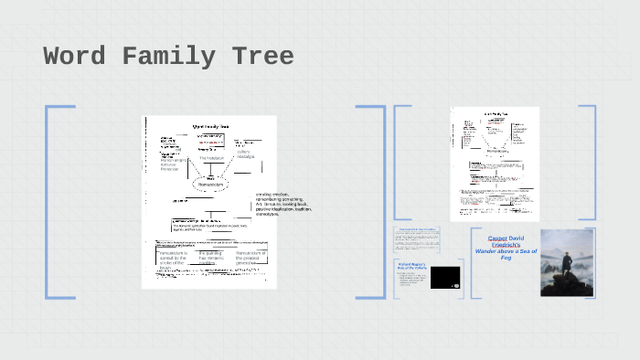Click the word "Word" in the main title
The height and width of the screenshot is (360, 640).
pyautogui.click(x=74, y=57)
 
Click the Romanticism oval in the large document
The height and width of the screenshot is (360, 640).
pyautogui.click(x=212, y=185)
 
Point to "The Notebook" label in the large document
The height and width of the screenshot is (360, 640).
pyautogui.click(x=212, y=158)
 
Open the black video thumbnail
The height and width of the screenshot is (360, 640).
pyautogui.click(x=444, y=278)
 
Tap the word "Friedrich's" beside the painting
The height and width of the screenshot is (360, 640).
pyautogui.click(x=504, y=246)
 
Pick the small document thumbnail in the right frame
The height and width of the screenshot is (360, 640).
pyautogui.click(x=495, y=163)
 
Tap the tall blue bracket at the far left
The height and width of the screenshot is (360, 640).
pyautogui.click(x=48, y=202)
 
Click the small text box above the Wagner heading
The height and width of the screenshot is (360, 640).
pyautogui.click(x=417, y=240)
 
